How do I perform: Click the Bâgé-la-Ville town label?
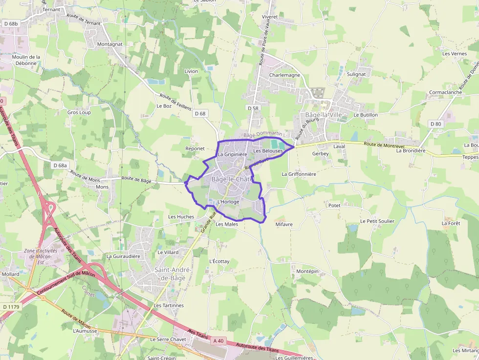[324, 115]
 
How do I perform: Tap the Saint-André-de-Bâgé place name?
[173, 274]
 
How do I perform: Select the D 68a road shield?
[60, 166]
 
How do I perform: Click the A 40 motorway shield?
[218, 341]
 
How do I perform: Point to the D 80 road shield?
[435, 124]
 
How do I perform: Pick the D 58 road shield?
[253, 108]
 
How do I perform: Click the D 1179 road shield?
[10, 307]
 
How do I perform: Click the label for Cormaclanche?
[445, 92]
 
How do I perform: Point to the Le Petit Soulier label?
[377, 221]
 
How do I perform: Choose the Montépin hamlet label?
[307, 271]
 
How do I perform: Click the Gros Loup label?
[79, 112]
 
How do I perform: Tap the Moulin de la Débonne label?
[26, 60]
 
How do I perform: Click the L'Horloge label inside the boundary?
[228, 202]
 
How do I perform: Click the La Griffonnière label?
[299, 174]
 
